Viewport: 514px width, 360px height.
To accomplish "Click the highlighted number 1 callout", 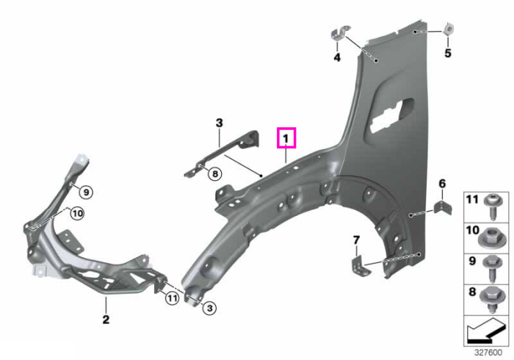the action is (x=286, y=138).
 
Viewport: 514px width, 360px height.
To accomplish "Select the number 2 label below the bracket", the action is (x=106, y=319).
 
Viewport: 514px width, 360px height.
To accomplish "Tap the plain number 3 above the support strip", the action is (x=220, y=123).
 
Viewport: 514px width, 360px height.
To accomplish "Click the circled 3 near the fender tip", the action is (x=209, y=308).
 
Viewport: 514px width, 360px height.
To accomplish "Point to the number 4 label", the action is (x=337, y=57).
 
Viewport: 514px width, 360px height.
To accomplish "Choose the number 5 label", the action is (x=448, y=53).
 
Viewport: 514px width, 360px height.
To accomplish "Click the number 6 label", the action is (x=442, y=184).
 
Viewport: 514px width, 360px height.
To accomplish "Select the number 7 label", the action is (x=356, y=240).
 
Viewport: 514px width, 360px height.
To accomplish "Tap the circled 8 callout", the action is (x=215, y=173).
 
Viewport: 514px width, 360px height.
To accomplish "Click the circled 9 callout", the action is (x=86, y=192).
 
